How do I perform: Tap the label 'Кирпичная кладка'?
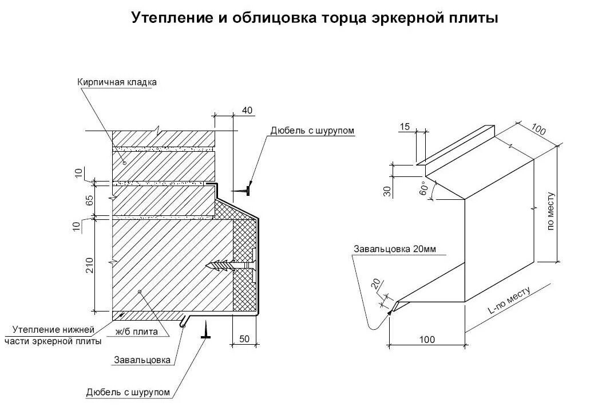tap(117, 82)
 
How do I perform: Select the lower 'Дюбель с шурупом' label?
tap(128, 392)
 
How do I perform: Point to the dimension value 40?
tap(247, 110)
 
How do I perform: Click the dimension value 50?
tap(244, 339)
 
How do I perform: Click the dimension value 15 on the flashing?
tap(405, 127)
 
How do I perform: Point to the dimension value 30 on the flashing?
tap(388, 192)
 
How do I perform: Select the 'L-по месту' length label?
tap(509, 300)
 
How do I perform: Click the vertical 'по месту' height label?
tap(551, 211)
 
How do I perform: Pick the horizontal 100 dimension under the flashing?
tap(426, 340)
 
